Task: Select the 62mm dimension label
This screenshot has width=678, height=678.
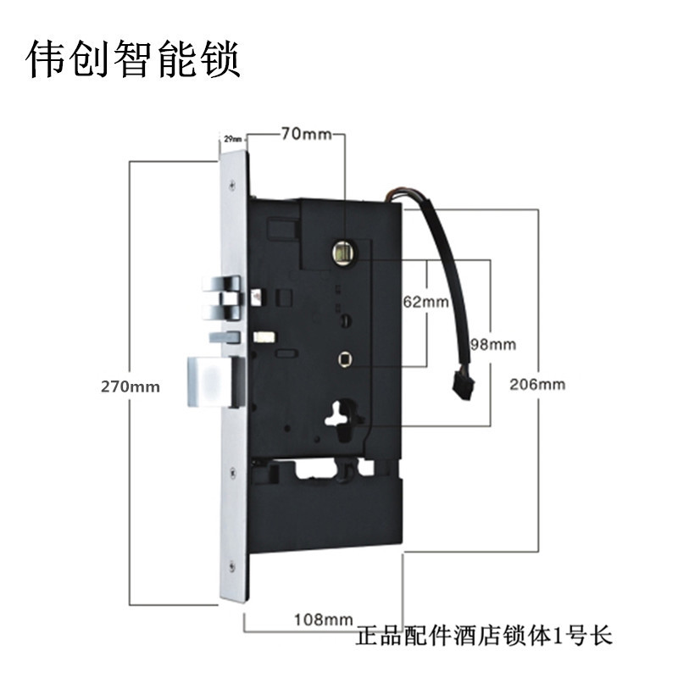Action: point(425,301)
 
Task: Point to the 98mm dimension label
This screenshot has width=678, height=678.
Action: point(492,344)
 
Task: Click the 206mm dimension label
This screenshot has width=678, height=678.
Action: point(537,384)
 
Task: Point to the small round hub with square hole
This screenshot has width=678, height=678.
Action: point(345,359)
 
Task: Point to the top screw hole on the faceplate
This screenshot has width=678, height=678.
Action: point(231,180)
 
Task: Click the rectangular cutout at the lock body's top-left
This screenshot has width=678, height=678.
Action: point(282,229)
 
